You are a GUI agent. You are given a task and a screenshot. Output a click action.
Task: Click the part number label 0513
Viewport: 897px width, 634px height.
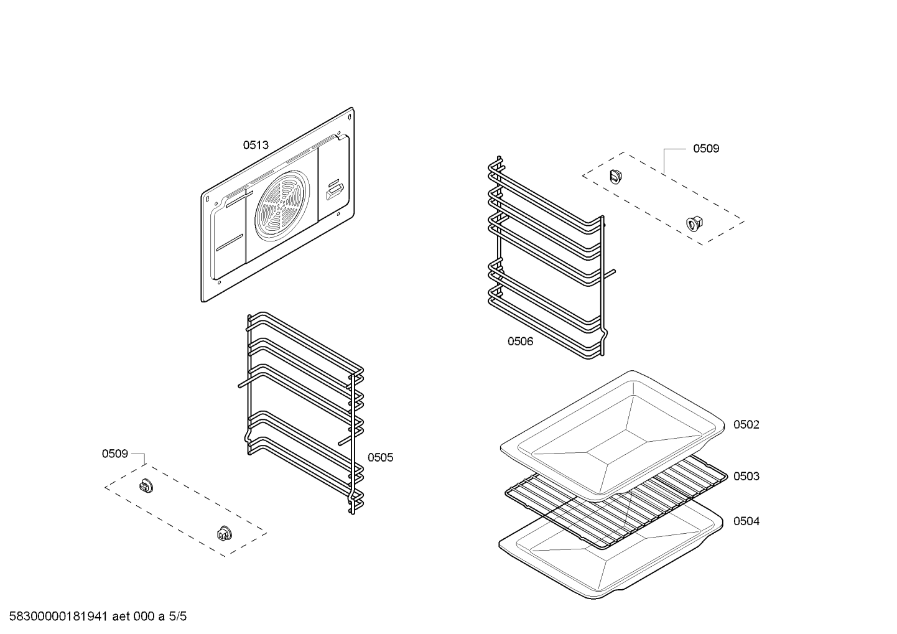point(256,145)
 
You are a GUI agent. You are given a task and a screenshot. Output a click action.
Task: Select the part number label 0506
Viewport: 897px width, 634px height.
point(520,341)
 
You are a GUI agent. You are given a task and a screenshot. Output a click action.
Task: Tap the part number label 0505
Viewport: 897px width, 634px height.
point(380,457)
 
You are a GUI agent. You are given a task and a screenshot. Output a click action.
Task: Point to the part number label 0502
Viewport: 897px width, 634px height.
point(746,424)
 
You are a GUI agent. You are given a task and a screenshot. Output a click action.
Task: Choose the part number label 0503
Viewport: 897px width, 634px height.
point(746,476)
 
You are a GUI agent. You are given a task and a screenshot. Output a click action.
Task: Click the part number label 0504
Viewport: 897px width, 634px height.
point(746,521)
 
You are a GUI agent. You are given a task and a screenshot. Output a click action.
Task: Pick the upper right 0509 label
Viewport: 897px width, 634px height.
point(706,148)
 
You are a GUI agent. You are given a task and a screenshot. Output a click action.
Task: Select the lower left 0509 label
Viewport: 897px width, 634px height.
point(115,454)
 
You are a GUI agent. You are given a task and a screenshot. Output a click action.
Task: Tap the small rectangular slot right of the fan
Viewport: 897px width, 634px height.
point(333,190)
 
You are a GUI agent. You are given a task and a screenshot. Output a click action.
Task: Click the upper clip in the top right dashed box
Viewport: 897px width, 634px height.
point(616,175)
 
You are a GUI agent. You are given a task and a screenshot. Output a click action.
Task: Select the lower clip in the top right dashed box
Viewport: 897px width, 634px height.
point(694,223)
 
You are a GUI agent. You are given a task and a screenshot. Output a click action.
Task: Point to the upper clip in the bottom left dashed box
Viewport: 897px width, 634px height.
point(146,485)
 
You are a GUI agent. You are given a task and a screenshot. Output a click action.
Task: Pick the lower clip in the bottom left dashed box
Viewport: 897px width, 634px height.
point(223,533)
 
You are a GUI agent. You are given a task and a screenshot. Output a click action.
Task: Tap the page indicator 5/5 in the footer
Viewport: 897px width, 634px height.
point(178,617)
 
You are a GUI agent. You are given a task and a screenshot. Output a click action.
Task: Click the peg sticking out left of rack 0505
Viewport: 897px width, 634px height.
point(241,385)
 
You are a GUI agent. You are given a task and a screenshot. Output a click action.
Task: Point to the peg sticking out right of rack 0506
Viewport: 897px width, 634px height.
point(613,271)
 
